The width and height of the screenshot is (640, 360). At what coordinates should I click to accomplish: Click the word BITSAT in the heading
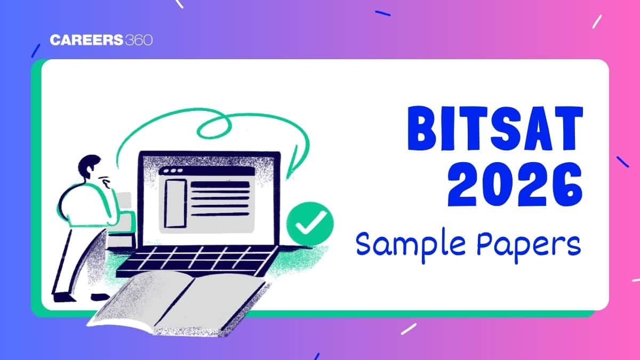pyautogui.click(x=495, y=129)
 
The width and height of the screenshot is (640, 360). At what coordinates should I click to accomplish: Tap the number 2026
pyautogui.click(x=515, y=185)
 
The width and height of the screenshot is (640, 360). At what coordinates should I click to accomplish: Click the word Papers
pyautogui.click(x=529, y=245)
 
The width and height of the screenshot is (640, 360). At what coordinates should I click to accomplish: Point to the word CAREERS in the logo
pyautogui.click(x=86, y=40)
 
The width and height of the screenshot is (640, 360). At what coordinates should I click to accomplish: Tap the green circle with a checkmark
pyautogui.click(x=310, y=224)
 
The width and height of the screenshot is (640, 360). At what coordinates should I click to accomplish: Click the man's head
pyautogui.click(x=90, y=166)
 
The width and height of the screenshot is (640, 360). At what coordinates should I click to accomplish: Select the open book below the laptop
pyautogui.click(x=179, y=303)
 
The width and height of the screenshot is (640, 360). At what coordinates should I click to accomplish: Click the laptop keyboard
pyautogui.click(x=197, y=261)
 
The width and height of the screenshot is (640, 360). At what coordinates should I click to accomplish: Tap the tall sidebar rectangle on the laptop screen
pyautogui.click(x=175, y=203)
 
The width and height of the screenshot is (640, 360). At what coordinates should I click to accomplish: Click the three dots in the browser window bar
pyautogui.click(x=173, y=171)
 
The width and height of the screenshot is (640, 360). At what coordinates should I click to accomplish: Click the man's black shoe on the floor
pyautogui.click(x=64, y=298)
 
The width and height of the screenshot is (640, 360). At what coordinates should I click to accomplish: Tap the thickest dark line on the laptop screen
pyautogui.click(x=220, y=185)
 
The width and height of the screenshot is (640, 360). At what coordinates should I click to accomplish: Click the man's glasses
pyautogui.click(x=105, y=180)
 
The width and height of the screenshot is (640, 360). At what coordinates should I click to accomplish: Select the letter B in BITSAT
pyautogui.click(x=422, y=129)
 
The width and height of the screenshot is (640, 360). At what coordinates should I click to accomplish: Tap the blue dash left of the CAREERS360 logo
pyautogui.click(x=36, y=51)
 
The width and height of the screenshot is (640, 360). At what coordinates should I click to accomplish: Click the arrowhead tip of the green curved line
pyautogui.click(x=287, y=179)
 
